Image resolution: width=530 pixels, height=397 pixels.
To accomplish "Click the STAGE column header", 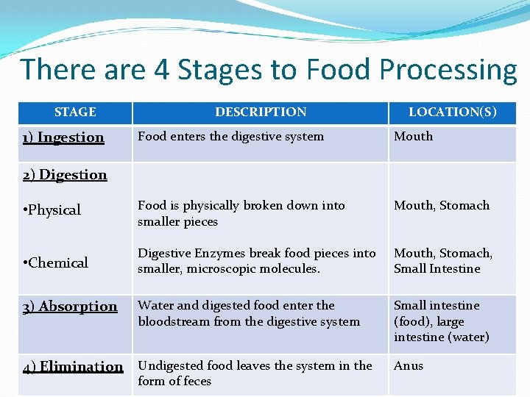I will click(75, 112).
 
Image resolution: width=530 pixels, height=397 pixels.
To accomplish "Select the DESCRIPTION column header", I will click(261, 112).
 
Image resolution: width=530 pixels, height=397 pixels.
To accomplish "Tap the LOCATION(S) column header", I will click(452, 112).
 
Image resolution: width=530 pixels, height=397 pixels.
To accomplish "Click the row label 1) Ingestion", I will click(63, 137).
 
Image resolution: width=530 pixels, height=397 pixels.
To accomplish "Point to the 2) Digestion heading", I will click(65, 175).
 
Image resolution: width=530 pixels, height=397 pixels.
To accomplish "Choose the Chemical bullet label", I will click(55, 263).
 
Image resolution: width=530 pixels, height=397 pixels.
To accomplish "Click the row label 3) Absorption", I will click(70, 307).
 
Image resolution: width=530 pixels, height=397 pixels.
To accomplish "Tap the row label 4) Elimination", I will click(73, 367).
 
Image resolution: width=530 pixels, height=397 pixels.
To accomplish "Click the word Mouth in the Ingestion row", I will click(413, 137).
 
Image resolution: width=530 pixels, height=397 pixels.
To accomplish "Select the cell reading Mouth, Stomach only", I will click(441, 206).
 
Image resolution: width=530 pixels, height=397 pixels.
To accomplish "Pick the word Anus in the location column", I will click(409, 366).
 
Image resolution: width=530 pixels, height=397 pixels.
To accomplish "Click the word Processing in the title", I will click(448, 70).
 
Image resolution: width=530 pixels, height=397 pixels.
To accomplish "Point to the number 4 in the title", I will click(162, 70).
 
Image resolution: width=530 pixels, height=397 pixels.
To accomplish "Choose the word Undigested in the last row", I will click(170, 366).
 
